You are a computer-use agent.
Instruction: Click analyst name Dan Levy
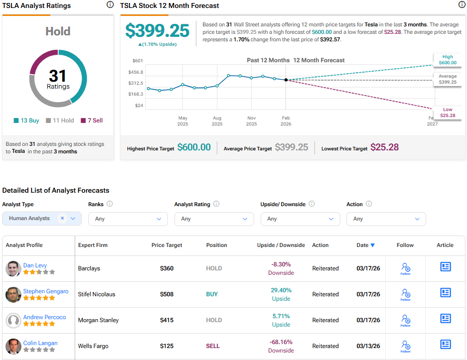[x=35, y=265]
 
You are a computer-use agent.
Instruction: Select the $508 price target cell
[x=166, y=294]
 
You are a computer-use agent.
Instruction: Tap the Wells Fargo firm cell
[x=93, y=346]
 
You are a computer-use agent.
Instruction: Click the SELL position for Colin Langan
[x=213, y=346]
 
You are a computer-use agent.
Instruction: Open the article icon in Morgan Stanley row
[x=445, y=319]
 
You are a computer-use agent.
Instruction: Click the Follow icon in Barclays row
[x=405, y=269]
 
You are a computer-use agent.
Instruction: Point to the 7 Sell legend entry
[x=91, y=120]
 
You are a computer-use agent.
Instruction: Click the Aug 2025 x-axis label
[x=217, y=121]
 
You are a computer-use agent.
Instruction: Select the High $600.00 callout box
[x=447, y=60]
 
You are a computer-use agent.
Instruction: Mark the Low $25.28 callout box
[x=447, y=113]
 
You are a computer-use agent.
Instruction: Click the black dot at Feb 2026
[x=286, y=80]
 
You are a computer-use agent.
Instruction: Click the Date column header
[x=365, y=245]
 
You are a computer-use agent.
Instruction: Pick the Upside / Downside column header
[x=281, y=245]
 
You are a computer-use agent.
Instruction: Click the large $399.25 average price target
[x=157, y=31]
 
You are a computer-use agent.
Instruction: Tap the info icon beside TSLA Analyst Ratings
[x=110, y=5]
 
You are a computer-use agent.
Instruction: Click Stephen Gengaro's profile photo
[x=13, y=294]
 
